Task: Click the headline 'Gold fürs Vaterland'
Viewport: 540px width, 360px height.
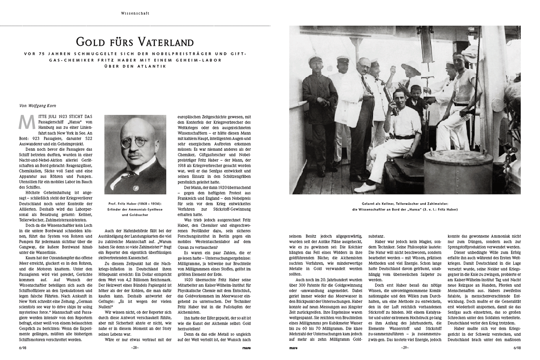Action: pyautogui.click(x=134, y=42)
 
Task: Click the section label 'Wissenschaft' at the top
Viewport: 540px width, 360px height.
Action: pyautogui.click(x=135, y=13)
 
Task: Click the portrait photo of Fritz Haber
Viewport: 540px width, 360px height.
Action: pyautogui.click(x=135, y=154)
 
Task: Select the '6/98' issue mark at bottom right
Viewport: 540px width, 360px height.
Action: pyautogui.click(x=517, y=347)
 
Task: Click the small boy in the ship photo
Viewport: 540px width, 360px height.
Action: pyautogui.click(x=416, y=102)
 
